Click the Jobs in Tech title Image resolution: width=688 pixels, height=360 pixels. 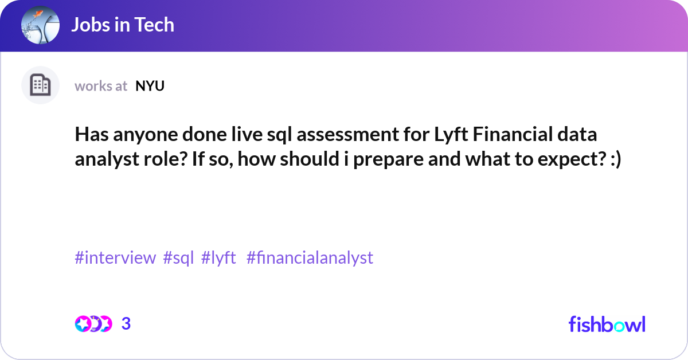[x=123, y=25]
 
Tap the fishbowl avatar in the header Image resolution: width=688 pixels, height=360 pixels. [x=40, y=26]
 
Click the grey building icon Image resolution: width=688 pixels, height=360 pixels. [x=40, y=85]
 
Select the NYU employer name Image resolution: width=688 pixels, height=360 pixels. [x=150, y=86]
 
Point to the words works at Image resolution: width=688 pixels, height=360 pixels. [x=101, y=86]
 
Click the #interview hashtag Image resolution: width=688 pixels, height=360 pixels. [x=115, y=258]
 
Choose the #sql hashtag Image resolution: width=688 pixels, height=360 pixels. [x=179, y=258]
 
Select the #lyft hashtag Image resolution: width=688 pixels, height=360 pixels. [x=219, y=258]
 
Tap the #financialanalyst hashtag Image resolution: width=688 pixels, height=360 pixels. [x=310, y=258]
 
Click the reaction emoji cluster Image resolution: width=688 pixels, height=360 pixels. [x=93, y=324]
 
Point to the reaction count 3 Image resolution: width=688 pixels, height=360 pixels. [x=126, y=324]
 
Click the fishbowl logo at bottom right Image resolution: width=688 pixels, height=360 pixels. [x=607, y=324]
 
